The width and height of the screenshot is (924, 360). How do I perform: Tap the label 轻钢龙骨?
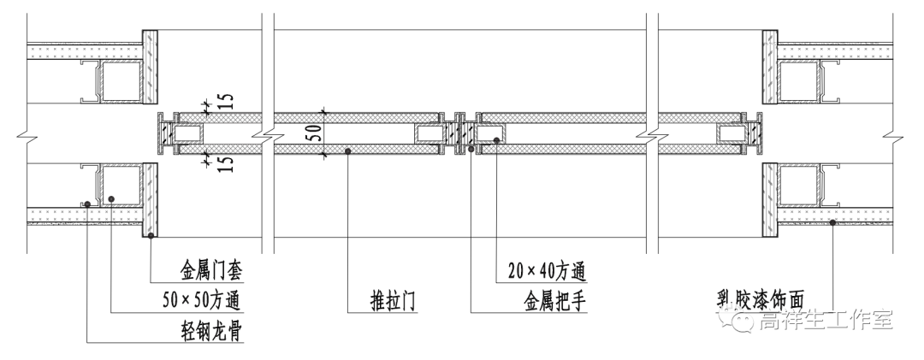click(x=209, y=330)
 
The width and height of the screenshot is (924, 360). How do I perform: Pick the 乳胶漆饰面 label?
click(x=761, y=299)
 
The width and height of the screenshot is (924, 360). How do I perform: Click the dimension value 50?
click(x=314, y=133)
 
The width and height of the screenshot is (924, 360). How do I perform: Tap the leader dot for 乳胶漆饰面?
click(x=832, y=223)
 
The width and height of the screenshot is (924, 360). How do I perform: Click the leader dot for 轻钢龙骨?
click(x=88, y=204)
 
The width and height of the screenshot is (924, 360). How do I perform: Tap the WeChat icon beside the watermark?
click(x=739, y=320)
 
